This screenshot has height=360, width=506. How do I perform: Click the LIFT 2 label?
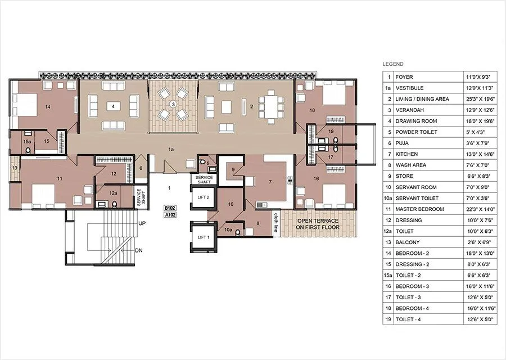[x=203, y=197]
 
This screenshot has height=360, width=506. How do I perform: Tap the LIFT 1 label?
[x=203, y=237]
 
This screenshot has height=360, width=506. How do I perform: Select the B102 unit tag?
[x=170, y=208]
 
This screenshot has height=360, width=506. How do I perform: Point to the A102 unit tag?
[x=170, y=214]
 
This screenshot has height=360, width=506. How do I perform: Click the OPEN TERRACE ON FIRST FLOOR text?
[x=319, y=223]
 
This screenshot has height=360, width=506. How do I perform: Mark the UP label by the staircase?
[x=142, y=223]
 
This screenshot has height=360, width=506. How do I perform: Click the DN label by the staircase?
[x=139, y=250]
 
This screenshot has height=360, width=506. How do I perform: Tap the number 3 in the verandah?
[x=173, y=104]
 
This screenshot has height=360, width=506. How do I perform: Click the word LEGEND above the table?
[x=392, y=64]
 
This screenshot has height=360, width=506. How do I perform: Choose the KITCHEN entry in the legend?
[x=406, y=154]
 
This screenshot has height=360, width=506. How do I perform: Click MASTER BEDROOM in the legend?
[x=419, y=209]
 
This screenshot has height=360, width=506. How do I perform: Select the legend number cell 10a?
[x=387, y=198]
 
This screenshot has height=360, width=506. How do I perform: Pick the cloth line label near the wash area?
[x=276, y=222]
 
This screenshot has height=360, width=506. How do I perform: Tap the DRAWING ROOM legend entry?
[x=415, y=121]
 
